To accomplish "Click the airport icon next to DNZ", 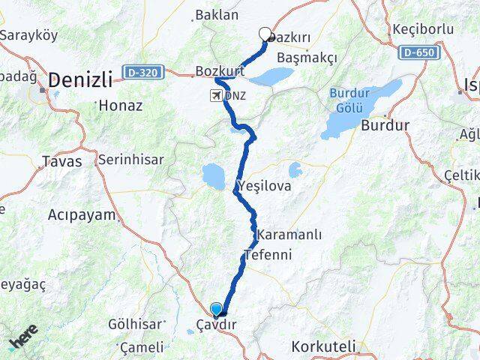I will (x=217, y=96).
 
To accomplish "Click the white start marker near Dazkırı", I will (x=265, y=33).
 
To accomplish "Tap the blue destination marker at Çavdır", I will (x=217, y=308).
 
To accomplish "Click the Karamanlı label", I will (x=289, y=235).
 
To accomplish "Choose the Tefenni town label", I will (x=267, y=254).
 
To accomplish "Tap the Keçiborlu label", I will (x=423, y=29).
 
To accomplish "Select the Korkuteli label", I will (x=321, y=347).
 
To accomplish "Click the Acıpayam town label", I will (x=82, y=215).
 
